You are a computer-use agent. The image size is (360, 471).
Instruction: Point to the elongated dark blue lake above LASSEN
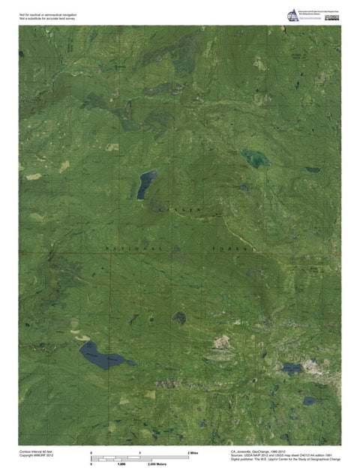tap(145, 184)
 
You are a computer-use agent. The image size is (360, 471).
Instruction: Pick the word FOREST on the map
tap(233, 248)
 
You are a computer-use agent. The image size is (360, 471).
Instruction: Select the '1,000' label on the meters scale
tap(122, 465)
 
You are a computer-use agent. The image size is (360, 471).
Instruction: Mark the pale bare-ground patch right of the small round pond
tap(222, 342)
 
